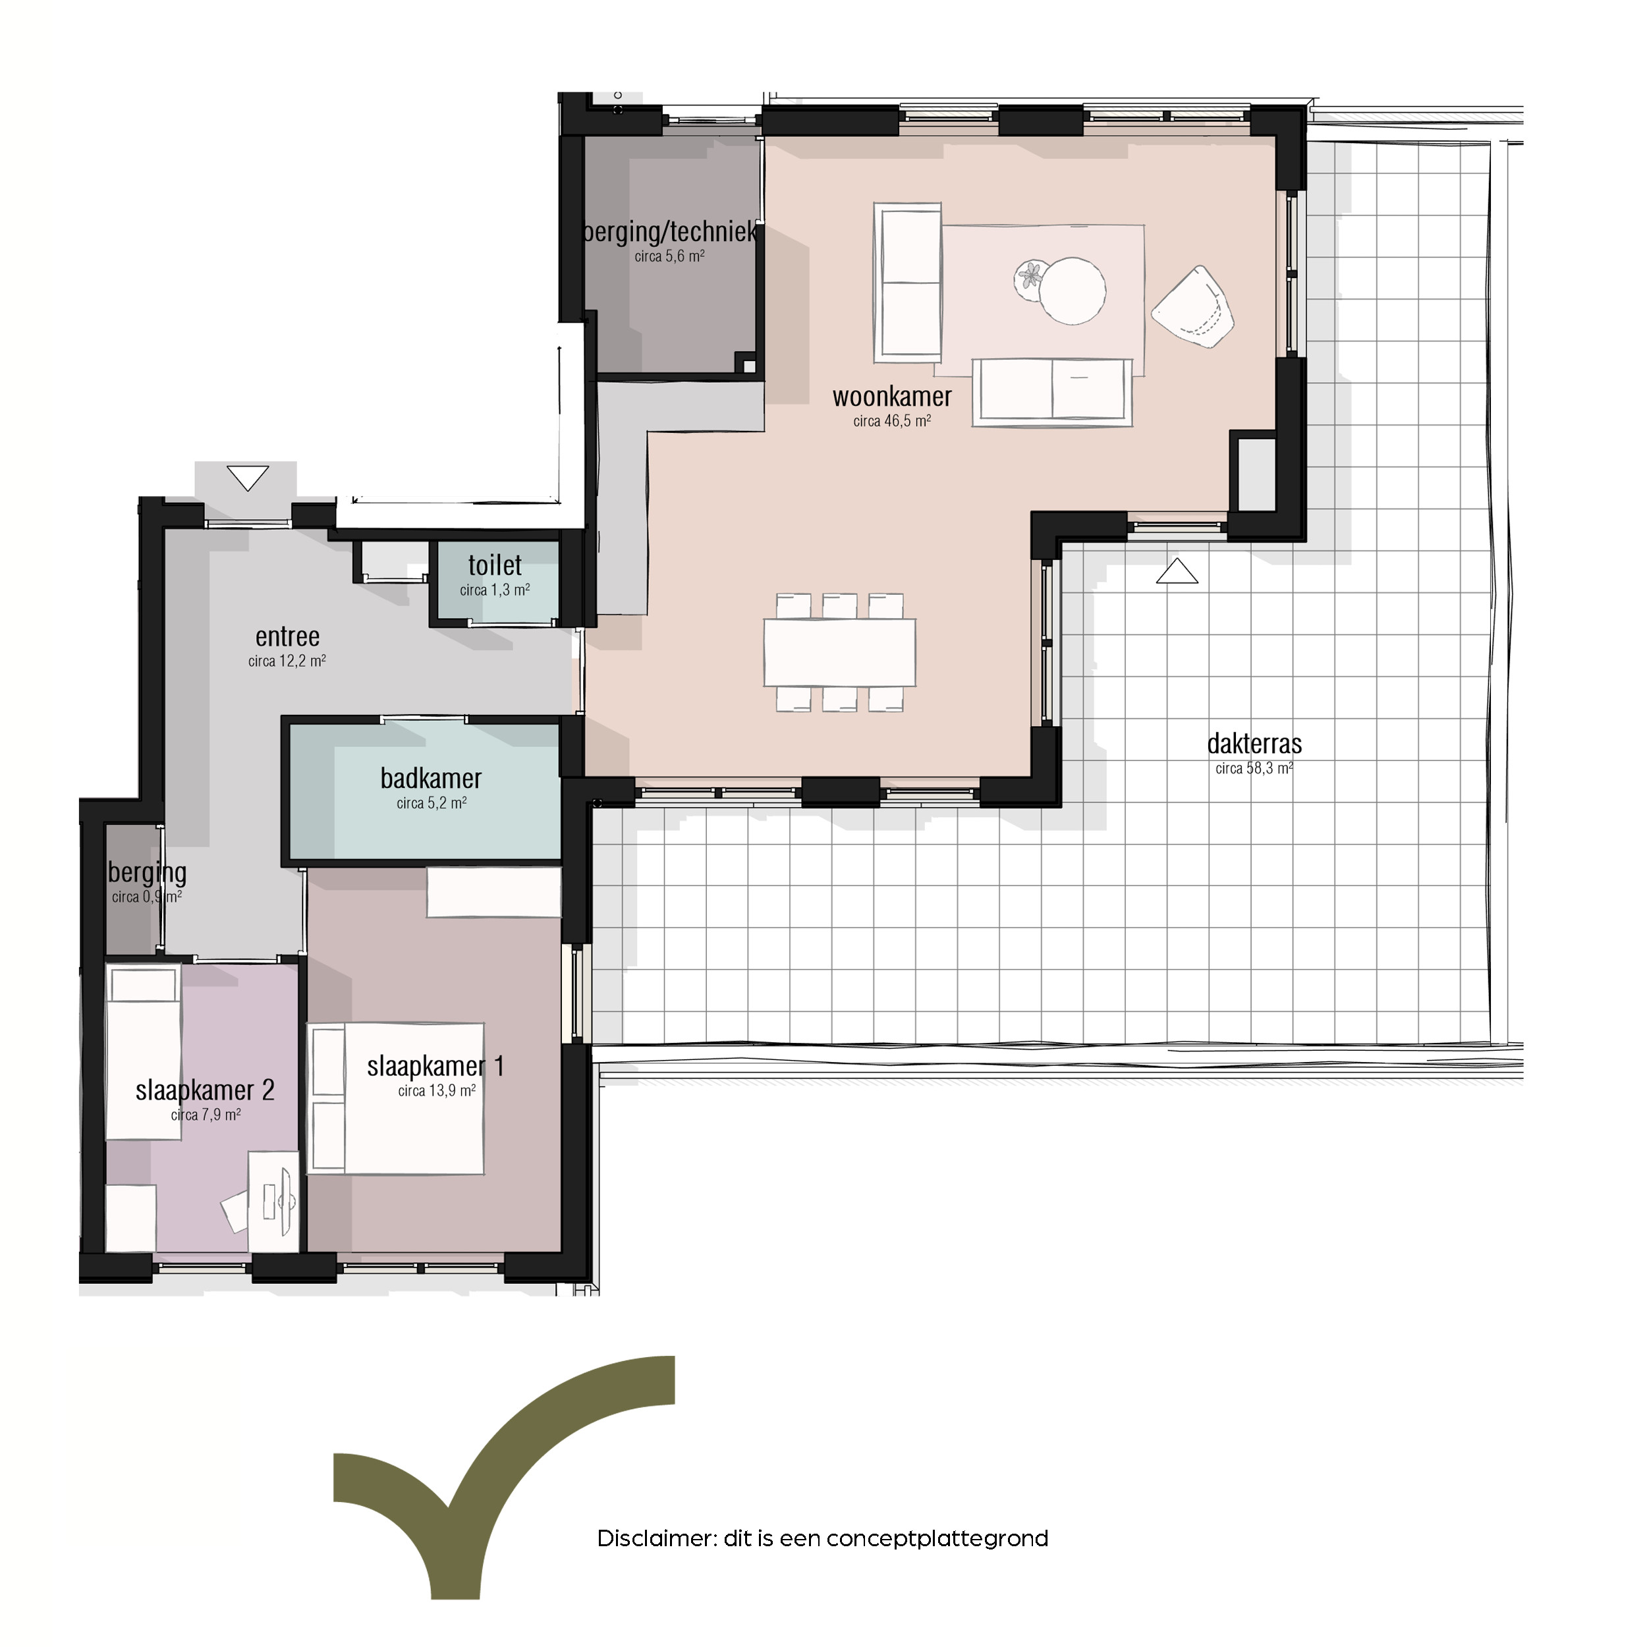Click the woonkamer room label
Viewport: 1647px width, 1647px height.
[x=892, y=397]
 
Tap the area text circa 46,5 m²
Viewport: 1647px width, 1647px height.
[x=892, y=421]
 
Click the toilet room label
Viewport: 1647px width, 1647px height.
[x=495, y=565]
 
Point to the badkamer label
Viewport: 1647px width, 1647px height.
[x=432, y=778]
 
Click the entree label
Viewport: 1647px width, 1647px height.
[x=287, y=637]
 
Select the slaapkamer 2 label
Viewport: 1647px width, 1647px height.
[x=205, y=1090]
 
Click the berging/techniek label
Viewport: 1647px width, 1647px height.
[x=670, y=232]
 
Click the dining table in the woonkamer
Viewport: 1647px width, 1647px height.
[x=840, y=653]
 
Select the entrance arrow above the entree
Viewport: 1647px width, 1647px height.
[x=248, y=478]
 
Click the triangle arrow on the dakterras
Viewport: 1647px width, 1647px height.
[x=1177, y=571]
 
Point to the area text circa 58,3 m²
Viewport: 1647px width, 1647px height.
[x=1254, y=769]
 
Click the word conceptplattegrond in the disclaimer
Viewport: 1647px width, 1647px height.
[x=937, y=1540]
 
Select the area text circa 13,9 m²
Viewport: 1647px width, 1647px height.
[x=437, y=1091]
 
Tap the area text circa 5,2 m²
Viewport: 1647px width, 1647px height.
[x=432, y=803]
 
